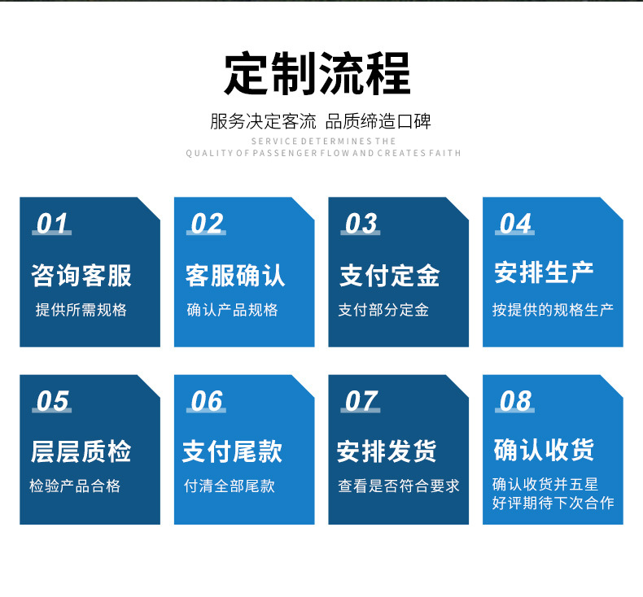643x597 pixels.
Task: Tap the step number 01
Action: (52, 224)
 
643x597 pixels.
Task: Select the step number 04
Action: (514, 224)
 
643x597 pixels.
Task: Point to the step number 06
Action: (206, 401)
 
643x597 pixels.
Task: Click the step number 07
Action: (361, 401)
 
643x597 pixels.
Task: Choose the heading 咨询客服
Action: (81, 275)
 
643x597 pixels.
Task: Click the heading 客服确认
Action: (235, 275)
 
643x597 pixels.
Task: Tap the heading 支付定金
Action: (390, 275)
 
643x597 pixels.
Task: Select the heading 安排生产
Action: (544, 272)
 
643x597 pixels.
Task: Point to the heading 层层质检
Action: (81, 451)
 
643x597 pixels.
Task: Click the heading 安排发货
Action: (387, 451)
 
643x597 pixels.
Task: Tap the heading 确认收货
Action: (544, 450)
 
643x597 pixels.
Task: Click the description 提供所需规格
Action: (81, 310)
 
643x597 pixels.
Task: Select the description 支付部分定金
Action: (383, 310)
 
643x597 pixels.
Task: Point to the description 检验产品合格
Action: (75, 486)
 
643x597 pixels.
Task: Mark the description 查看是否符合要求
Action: (399, 486)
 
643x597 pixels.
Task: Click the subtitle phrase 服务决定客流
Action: (263, 123)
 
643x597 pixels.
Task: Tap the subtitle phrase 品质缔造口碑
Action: (378, 123)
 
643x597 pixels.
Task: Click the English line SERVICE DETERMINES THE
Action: (323, 142)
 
